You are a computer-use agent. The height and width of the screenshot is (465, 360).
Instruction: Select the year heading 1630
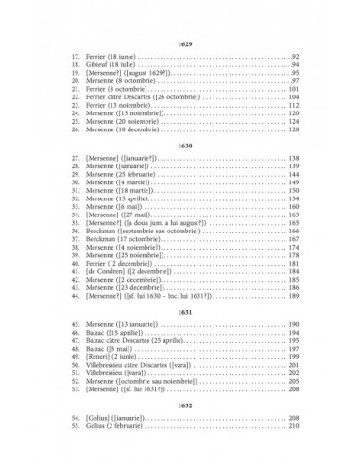[x=180, y=146]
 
